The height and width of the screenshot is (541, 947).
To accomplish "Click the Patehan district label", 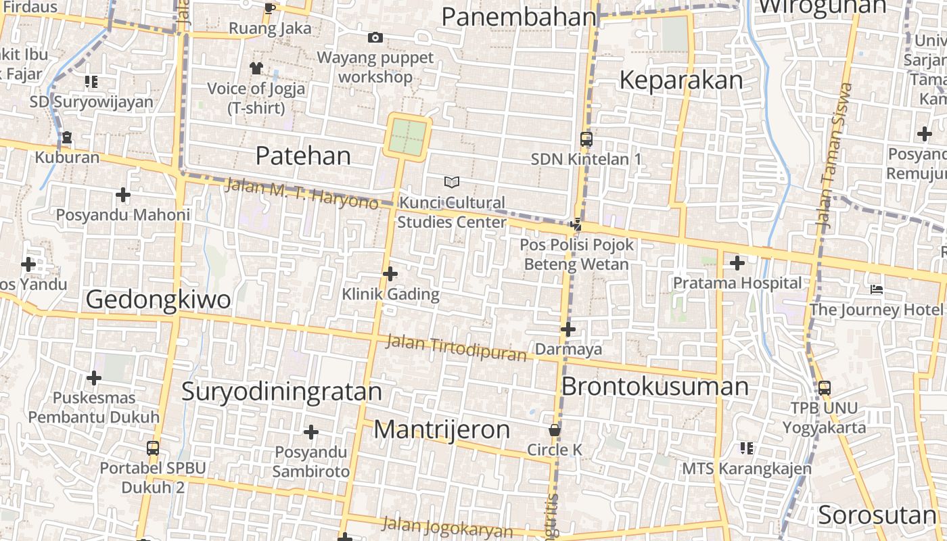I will click(303, 156).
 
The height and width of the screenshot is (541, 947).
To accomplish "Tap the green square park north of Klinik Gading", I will click(408, 137).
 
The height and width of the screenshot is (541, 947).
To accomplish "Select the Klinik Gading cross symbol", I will click(390, 274).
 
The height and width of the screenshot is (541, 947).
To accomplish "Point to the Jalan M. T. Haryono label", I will click(301, 193).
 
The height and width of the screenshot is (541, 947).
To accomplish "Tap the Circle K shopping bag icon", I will click(555, 430).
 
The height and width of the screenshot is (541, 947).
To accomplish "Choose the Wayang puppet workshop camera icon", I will click(375, 38).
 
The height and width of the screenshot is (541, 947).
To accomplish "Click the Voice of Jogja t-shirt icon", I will click(256, 68).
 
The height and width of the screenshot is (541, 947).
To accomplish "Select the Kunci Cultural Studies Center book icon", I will click(452, 182).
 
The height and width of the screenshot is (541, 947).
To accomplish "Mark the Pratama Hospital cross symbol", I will click(737, 263).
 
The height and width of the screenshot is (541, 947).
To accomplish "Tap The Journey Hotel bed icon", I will click(877, 290).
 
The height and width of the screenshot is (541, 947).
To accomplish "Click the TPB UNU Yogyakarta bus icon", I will click(825, 388).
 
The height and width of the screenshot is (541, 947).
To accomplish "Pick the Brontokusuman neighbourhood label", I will click(655, 387).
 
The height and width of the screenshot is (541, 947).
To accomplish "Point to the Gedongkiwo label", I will click(158, 300).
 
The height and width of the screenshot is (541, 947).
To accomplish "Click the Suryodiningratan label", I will click(281, 392).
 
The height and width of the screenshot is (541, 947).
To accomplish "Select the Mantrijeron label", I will click(442, 429).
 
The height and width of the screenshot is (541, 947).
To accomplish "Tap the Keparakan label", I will click(680, 80).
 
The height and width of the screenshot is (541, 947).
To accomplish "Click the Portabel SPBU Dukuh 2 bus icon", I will click(153, 448).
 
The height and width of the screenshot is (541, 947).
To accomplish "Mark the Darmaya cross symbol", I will click(568, 329).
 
